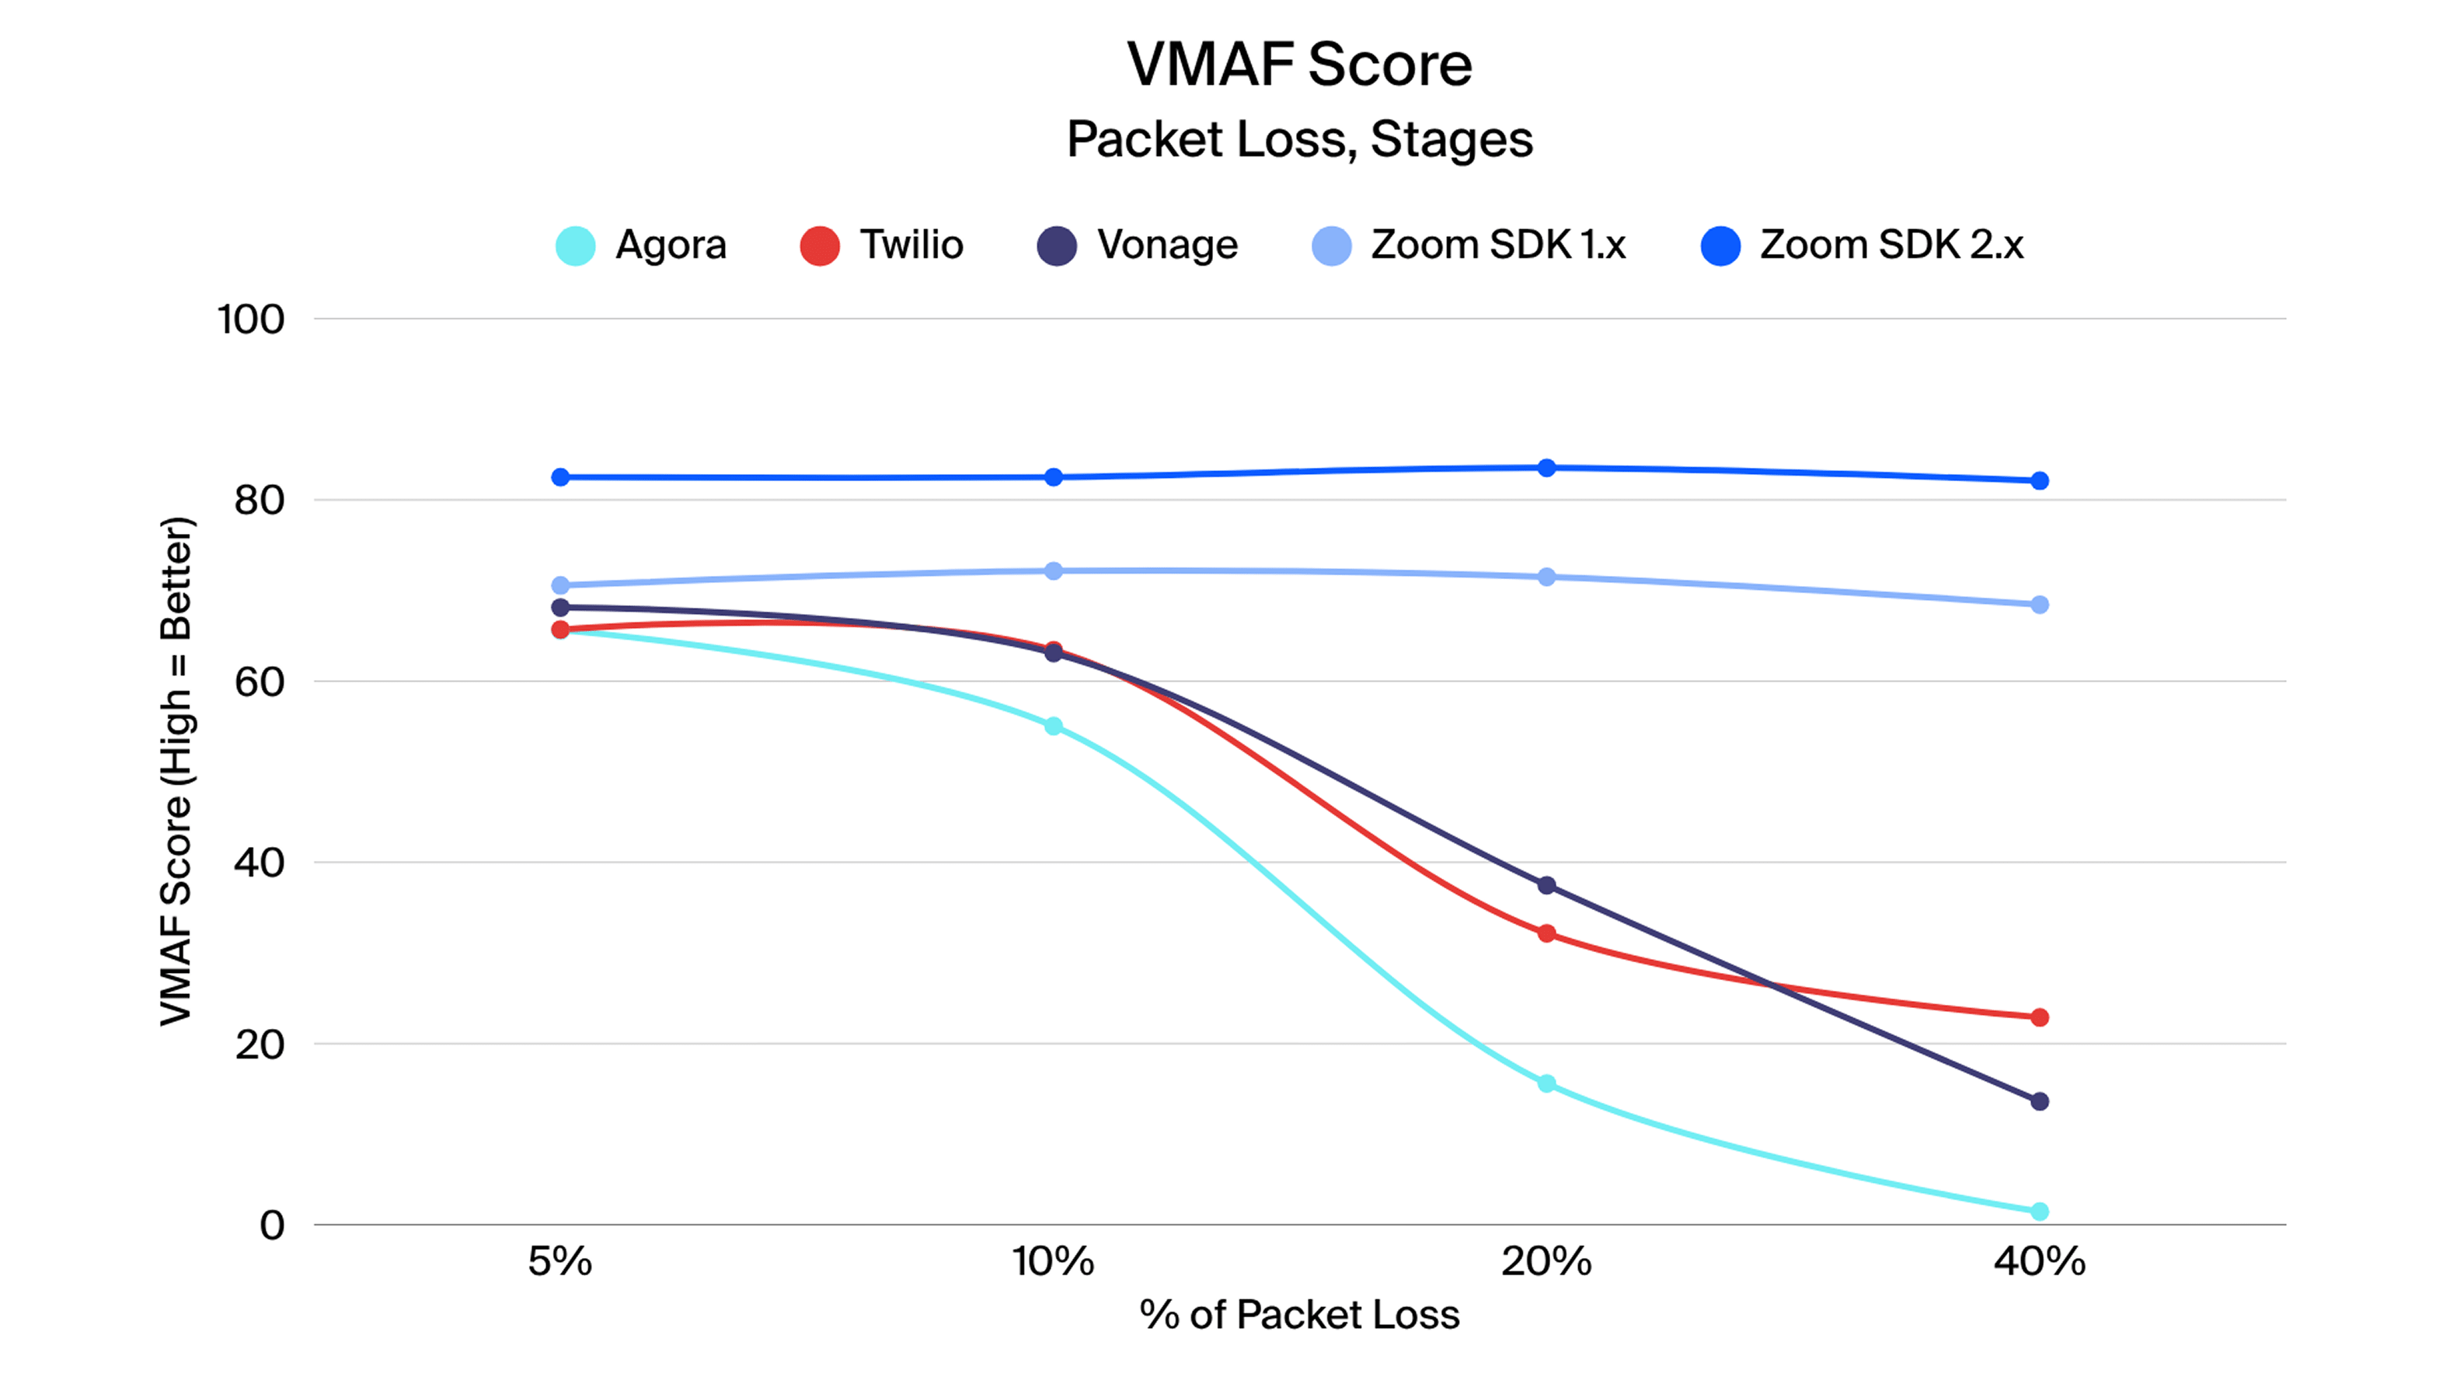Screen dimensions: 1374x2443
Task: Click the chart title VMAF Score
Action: [1299, 65]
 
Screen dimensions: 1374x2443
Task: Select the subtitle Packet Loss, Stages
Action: [1299, 139]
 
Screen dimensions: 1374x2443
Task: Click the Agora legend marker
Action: [576, 246]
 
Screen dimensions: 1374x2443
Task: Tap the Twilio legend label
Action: [911, 245]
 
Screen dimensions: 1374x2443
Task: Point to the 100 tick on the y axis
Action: [250, 319]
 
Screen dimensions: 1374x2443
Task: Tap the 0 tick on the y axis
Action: [272, 1225]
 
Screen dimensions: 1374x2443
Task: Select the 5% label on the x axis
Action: [559, 1262]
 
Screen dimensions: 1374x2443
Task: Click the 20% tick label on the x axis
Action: [1546, 1262]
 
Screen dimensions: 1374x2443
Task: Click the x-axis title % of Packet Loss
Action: [1299, 1315]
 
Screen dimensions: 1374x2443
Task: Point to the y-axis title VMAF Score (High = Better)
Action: [176, 771]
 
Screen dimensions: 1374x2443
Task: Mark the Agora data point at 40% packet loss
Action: [2039, 1211]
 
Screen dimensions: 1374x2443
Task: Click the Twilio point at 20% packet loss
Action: [1546, 934]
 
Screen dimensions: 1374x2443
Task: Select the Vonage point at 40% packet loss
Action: [2039, 1101]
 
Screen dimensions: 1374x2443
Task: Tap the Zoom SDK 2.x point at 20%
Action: [1546, 468]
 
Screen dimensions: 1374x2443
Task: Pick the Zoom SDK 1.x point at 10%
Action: [1053, 571]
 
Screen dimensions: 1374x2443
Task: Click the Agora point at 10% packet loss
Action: [1053, 727]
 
